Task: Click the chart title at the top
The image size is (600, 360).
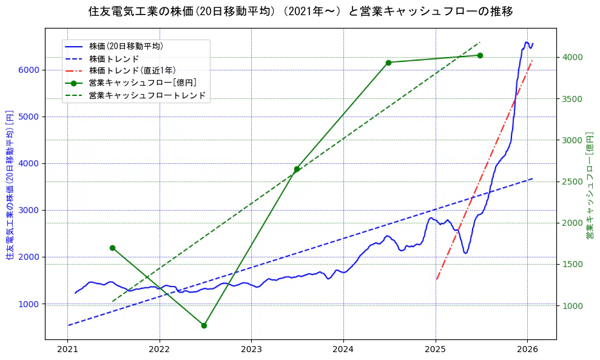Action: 300,12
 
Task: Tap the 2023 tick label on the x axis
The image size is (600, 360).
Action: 251,350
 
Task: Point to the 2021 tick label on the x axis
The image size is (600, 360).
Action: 67,350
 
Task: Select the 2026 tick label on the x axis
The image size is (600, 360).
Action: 527,350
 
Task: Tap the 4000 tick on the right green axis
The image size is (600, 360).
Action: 572,57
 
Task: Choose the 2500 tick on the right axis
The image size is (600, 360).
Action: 572,182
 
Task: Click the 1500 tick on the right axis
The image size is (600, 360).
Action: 572,264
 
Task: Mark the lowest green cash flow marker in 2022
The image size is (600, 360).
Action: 204,325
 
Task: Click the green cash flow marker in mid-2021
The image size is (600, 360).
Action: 112,248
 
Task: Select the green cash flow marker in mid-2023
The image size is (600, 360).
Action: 297,169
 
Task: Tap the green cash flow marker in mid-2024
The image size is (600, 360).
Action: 388,63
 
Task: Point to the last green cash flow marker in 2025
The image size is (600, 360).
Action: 480,55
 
